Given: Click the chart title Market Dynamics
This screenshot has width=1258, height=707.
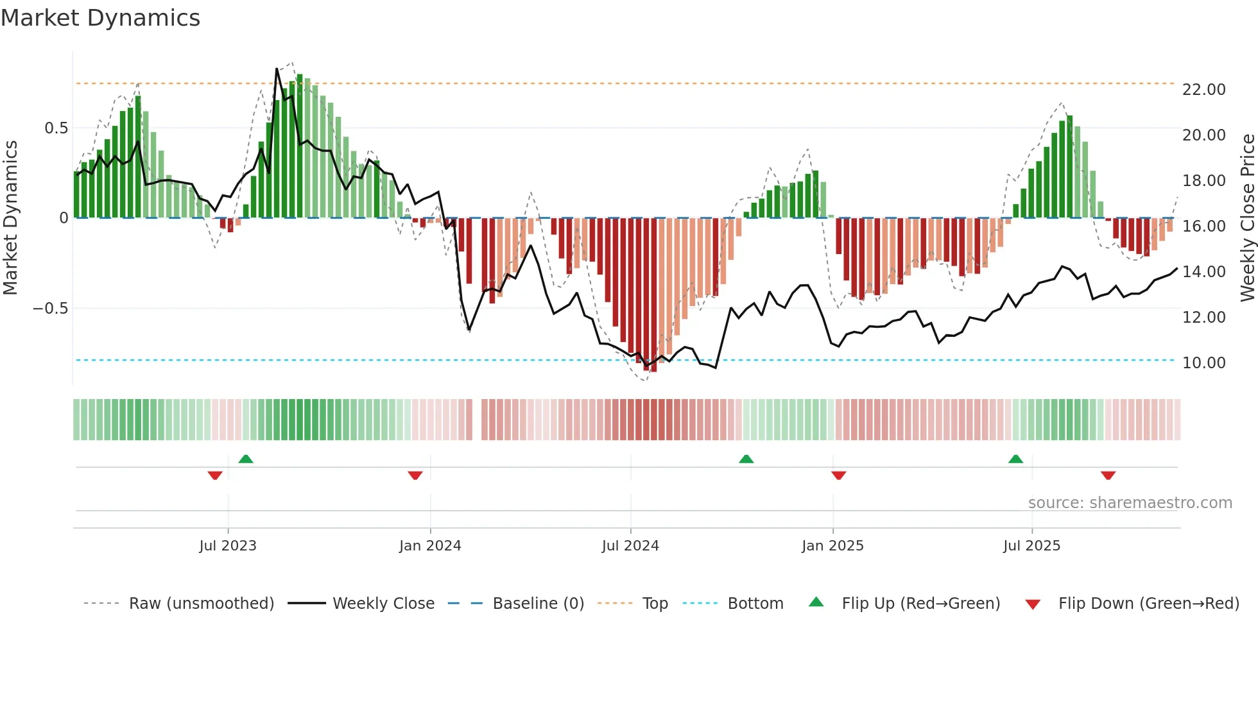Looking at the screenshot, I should point(101,18).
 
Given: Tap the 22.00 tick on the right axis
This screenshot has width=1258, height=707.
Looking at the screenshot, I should point(1203,90).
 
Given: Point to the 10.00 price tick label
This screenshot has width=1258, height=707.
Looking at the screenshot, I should point(1203,363).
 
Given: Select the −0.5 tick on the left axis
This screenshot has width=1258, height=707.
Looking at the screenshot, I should point(51,309).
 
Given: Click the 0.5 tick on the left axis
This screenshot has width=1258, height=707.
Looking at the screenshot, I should point(56,128).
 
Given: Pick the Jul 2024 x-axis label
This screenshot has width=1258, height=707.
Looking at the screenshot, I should point(630,546).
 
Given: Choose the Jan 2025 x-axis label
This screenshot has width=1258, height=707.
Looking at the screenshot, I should point(832,546).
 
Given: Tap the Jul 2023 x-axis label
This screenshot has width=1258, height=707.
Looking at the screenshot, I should point(228,546).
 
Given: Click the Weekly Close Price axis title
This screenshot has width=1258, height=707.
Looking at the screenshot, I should point(1247,217).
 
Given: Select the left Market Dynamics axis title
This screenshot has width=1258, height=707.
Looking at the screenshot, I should point(10,217).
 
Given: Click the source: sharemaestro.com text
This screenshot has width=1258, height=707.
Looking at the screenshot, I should point(1130,503).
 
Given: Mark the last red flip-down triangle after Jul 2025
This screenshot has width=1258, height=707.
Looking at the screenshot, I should point(1108,475).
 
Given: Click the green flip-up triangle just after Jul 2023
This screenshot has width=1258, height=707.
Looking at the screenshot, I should point(246,459).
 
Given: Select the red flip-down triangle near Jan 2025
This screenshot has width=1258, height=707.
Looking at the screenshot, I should point(838,475).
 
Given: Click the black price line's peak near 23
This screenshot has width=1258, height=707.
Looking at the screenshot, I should point(277,69).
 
